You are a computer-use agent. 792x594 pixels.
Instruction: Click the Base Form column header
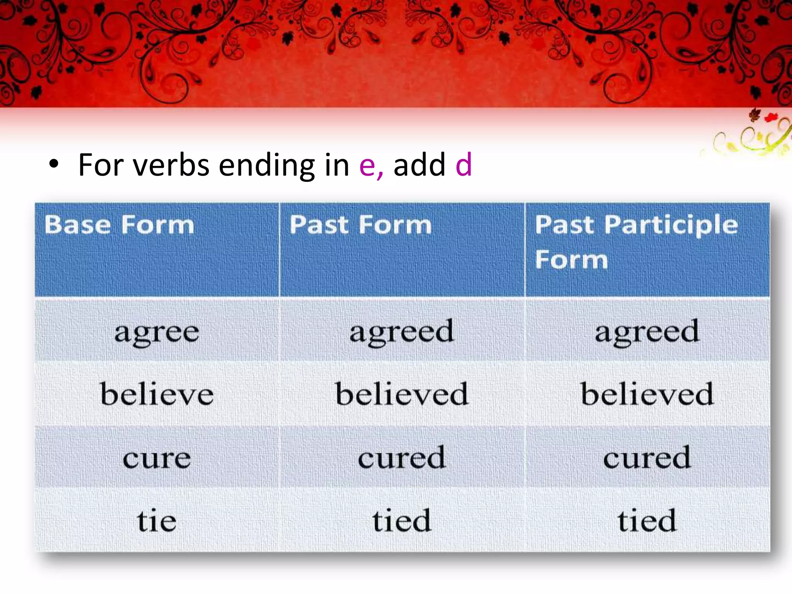tap(119, 225)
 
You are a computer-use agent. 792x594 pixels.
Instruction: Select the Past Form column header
tap(360, 225)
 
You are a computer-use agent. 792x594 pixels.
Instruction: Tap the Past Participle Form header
tap(636, 242)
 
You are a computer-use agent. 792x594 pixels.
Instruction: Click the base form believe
tap(157, 394)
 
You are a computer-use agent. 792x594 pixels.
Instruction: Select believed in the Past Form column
tap(402, 394)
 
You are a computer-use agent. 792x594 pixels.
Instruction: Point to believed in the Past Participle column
tap(647, 394)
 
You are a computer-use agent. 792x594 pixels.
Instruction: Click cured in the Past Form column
tap(402, 457)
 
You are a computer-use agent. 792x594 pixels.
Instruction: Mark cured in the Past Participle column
tap(647, 457)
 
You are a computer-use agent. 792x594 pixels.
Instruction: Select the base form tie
tap(157, 521)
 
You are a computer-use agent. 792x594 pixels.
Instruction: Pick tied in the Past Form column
tap(402, 521)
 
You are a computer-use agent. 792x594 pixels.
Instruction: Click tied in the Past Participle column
tap(647, 521)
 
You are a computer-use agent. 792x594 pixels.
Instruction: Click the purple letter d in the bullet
tap(464, 165)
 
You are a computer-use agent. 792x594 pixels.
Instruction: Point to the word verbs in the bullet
tap(171, 166)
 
